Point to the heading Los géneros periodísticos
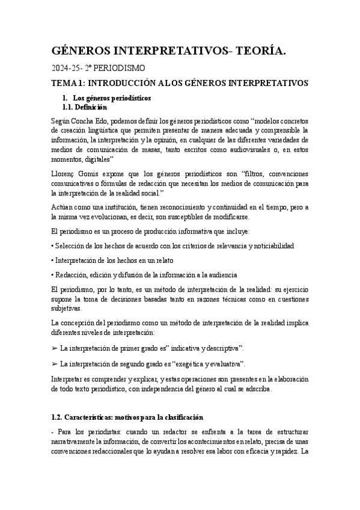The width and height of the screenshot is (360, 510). point(111,98)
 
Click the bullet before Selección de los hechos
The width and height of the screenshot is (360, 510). point(53,247)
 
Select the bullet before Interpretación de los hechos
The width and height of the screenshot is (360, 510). point(53,260)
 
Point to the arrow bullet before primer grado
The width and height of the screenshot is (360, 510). point(55,348)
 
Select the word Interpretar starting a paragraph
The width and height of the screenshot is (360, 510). point(70,379)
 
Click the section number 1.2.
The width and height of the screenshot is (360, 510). point(61,417)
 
